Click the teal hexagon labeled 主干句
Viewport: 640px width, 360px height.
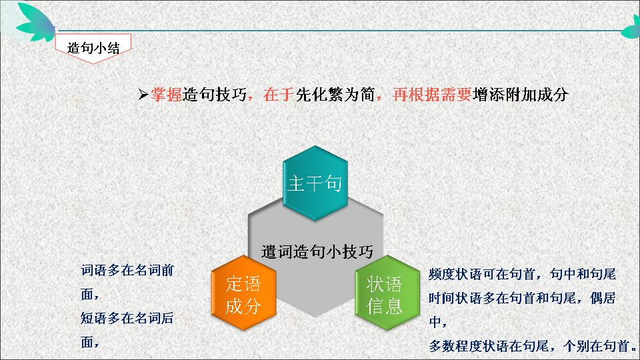point(315,183)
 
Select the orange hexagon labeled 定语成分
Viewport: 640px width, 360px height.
point(244,293)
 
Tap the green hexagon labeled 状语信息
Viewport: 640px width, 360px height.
point(387,293)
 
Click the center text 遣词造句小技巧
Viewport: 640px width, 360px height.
point(317,251)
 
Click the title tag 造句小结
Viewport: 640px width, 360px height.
point(93,48)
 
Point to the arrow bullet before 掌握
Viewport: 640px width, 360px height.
point(143,95)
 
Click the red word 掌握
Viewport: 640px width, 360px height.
point(167,95)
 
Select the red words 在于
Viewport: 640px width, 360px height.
point(279,95)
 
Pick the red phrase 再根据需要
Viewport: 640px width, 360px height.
point(432,95)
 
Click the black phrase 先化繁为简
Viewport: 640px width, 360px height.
point(335,95)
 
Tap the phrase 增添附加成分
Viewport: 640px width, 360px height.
point(521,95)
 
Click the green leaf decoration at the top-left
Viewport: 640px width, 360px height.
point(36,22)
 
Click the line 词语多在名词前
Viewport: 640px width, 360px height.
point(127,270)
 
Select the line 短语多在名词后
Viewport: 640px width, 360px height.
point(127,318)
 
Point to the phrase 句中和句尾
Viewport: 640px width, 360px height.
point(583,274)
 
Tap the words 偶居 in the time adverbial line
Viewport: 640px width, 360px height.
point(603,298)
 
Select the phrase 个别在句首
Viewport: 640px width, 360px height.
point(596,346)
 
